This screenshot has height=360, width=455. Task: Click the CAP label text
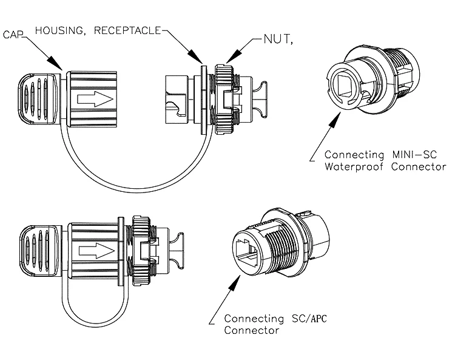click(13, 35)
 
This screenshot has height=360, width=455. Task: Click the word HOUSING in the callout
click(60, 30)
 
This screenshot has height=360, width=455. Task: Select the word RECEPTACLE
click(127, 30)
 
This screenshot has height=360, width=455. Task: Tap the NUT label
click(278, 39)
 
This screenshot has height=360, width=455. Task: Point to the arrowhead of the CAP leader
click(55, 63)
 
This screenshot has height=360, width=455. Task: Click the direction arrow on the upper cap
click(95, 99)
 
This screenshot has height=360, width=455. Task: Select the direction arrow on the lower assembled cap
click(96, 251)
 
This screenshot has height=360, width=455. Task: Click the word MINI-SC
click(414, 154)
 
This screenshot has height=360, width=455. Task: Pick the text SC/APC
click(309, 319)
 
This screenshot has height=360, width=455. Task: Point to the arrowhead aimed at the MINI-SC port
click(335, 120)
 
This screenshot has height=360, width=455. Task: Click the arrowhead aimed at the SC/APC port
click(235, 282)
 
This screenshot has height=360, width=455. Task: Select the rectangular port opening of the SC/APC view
click(247, 249)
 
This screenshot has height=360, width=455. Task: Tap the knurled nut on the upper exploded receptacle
click(223, 100)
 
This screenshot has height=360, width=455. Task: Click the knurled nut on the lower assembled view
click(141, 250)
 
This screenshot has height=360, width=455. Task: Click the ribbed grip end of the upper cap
click(37, 99)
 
